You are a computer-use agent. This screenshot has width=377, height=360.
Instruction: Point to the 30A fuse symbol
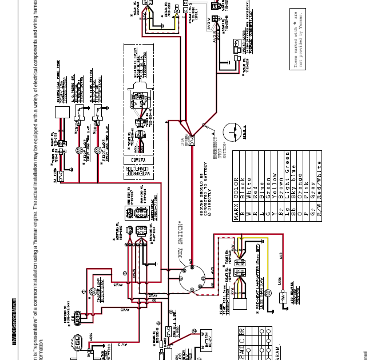coord(193,138)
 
